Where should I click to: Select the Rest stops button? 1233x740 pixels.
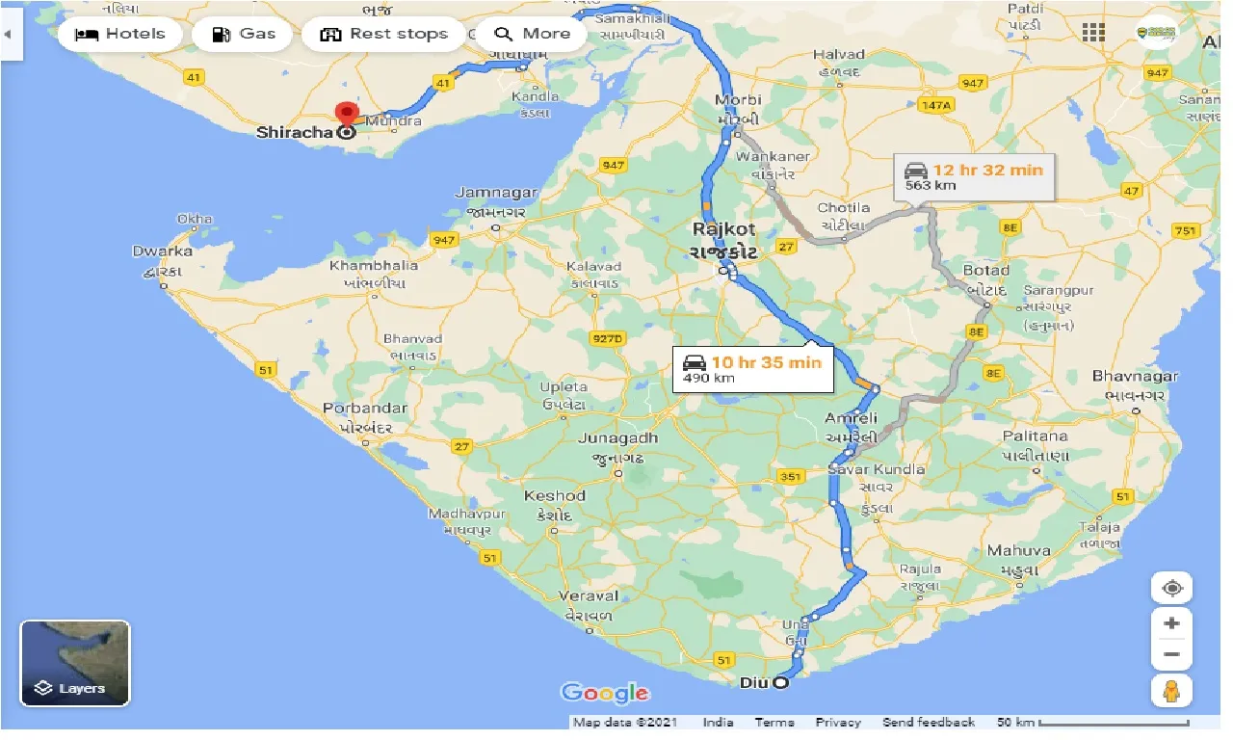tap(383, 34)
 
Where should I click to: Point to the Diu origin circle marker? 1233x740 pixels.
tap(779, 683)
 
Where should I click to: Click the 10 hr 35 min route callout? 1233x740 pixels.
tap(752, 369)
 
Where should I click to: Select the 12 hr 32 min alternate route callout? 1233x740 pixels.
tap(974, 176)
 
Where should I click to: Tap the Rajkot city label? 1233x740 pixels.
tap(724, 229)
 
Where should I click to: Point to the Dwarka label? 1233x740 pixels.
tap(162, 251)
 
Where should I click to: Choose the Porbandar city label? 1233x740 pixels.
tap(364, 409)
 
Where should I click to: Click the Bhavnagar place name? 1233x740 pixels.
tap(1134, 376)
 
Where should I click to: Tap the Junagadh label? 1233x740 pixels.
tap(617, 438)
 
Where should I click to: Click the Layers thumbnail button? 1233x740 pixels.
tap(75, 663)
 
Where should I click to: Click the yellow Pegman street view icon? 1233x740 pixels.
tap(1170, 690)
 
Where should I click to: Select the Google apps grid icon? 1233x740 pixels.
tap(1093, 33)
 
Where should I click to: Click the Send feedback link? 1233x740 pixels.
tap(928, 722)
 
